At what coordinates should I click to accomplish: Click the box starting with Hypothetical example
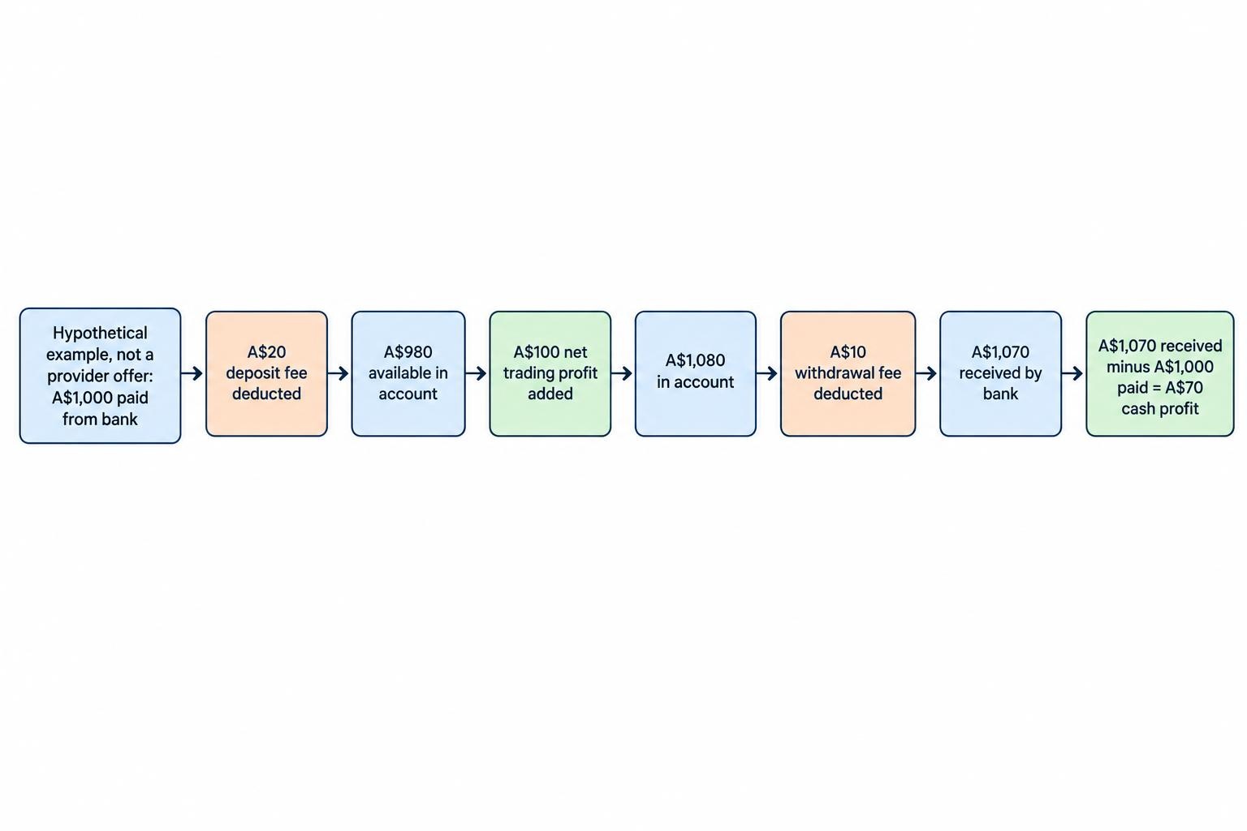pyautogui.click(x=100, y=376)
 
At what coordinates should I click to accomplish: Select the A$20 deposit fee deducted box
pyautogui.click(x=266, y=373)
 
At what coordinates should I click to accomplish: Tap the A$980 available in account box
pyautogui.click(x=408, y=373)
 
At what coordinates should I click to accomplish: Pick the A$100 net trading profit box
pyautogui.click(x=550, y=373)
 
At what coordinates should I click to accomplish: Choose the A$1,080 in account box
pyautogui.click(x=695, y=373)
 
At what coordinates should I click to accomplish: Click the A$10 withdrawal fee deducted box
pyautogui.click(x=848, y=373)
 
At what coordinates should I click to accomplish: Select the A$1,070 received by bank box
pyautogui.click(x=1000, y=373)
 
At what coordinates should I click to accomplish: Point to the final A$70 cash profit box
pyautogui.click(x=1160, y=373)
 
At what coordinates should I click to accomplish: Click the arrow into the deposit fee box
pyautogui.click(x=192, y=373)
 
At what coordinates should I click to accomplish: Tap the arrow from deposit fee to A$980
pyautogui.click(x=339, y=373)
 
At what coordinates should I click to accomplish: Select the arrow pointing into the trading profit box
pyautogui.click(x=477, y=373)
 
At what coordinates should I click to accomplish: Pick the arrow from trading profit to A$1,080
pyautogui.click(x=622, y=373)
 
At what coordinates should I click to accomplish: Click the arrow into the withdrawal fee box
pyautogui.click(x=767, y=373)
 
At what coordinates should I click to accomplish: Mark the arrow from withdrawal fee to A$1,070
pyautogui.click(x=927, y=373)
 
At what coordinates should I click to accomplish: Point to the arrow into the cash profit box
pyautogui.click(x=1072, y=373)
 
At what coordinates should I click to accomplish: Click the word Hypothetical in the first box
pyautogui.click(x=100, y=334)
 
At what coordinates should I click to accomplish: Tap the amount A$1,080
pyautogui.click(x=695, y=360)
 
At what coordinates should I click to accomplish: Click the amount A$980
pyautogui.click(x=408, y=351)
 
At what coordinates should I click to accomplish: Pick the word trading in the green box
pyautogui.click(x=526, y=373)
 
